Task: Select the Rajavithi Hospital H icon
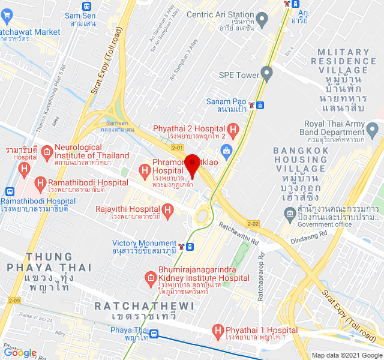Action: pyautogui.click(x=167, y=210)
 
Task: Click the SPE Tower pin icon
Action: pyautogui.click(x=267, y=75)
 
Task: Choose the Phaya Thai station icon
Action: pyautogui.click(x=154, y=334)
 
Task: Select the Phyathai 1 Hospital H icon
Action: pyautogui.click(x=218, y=331)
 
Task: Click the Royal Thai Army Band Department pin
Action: pyautogui.click(x=373, y=128)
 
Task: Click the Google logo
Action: pyautogui.click(x=20, y=353)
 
